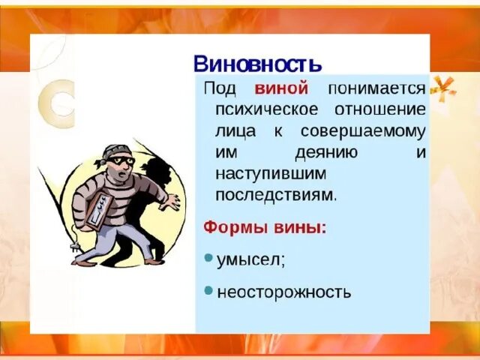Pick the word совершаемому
[x=363, y=130]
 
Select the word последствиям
[x=275, y=195]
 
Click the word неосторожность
[x=283, y=292]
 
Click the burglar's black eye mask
[x=123, y=160]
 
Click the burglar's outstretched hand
[x=173, y=202]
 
